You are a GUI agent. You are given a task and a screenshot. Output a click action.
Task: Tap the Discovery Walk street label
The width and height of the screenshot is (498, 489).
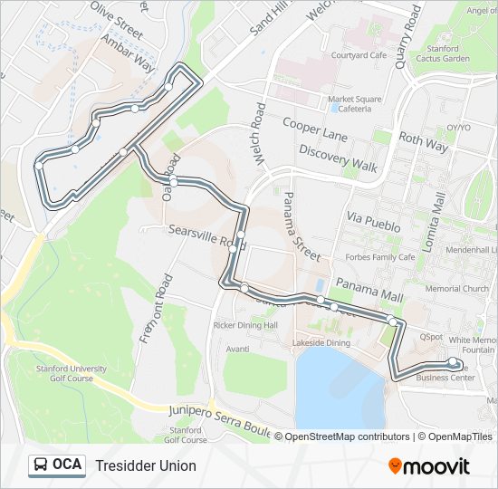coord(338,158)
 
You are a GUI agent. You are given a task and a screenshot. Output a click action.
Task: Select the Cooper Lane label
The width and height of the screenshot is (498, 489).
coord(314,129)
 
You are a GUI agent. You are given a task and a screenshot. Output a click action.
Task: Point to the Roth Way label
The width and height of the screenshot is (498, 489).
coord(424,142)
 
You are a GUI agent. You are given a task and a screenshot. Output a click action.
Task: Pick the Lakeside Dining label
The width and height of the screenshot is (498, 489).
coord(321,343)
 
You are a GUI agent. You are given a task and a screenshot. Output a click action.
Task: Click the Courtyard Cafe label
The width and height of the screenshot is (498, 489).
coord(359,54)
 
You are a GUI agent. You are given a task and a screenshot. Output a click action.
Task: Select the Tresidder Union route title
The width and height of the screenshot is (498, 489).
coord(145,465)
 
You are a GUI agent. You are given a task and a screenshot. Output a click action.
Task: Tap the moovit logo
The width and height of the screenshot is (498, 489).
coord(429,466)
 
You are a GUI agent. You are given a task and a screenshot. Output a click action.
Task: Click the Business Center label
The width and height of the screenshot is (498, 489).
coord(445,378)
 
